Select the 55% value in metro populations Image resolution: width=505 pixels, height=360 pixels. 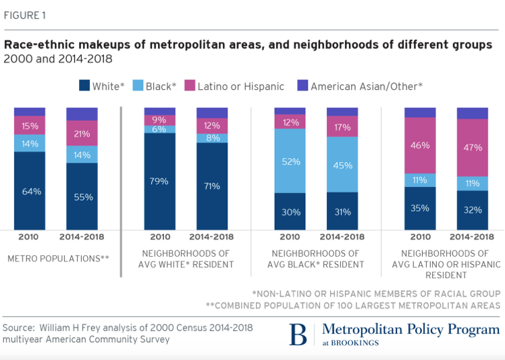click(82, 197)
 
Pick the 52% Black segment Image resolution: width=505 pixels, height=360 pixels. click(290, 161)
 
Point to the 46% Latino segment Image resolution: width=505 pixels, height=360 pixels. click(420, 145)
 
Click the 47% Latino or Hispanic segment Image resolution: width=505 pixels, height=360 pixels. click(472, 147)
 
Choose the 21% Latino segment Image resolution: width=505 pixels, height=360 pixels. click(82, 133)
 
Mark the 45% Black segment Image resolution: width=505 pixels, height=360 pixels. click(342, 165)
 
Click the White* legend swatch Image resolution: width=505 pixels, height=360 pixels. click(85, 86)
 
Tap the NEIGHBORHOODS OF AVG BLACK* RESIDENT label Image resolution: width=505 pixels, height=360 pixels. click(316, 258)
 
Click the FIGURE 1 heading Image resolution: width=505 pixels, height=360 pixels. click(25, 16)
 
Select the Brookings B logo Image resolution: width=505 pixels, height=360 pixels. click(298, 335)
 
